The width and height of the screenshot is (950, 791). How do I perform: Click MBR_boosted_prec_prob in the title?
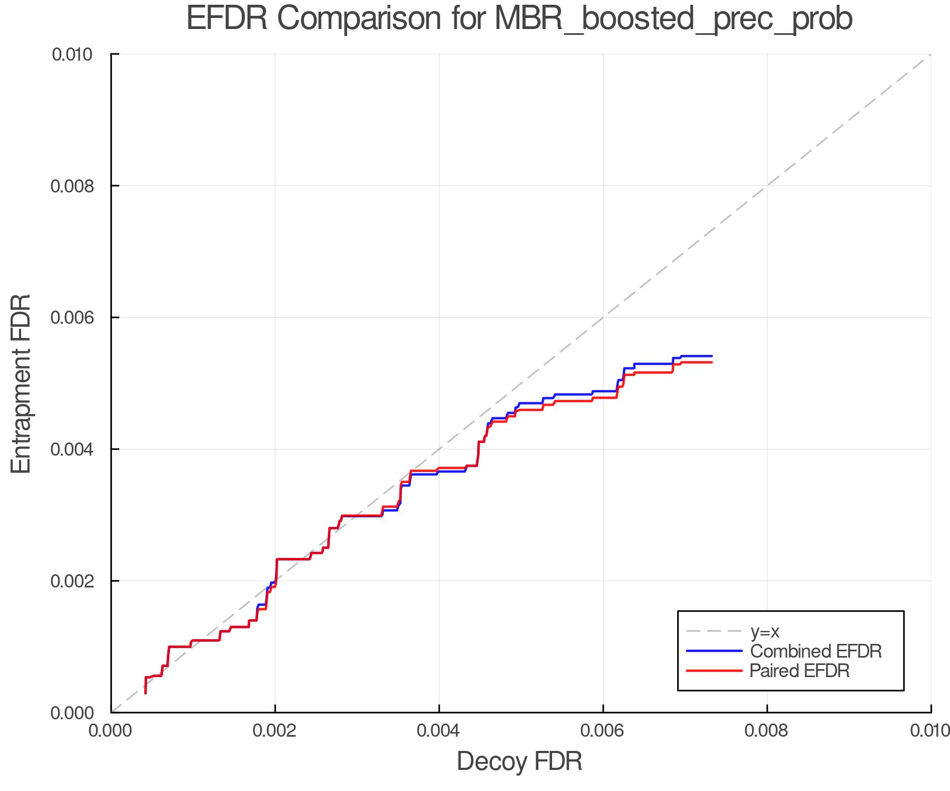pyautogui.click(x=673, y=20)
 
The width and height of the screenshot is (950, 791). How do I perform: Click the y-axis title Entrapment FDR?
pyautogui.click(x=21, y=383)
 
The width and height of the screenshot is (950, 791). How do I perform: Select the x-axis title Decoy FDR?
pyautogui.click(x=519, y=761)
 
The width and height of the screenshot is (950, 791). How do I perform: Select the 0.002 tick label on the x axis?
pyautogui.click(x=275, y=730)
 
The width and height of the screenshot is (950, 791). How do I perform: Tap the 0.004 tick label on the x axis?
pyautogui.click(x=439, y=730)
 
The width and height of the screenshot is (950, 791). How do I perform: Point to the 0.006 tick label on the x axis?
pyautogui.click(x=603, y=730)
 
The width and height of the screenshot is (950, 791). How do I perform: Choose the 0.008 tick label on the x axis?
pyautogui.click(x=767, y=730)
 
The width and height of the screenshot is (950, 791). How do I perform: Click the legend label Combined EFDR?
pyautogui.click(x=815, y=651)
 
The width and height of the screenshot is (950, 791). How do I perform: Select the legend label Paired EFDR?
pyautogui.click(x=800, y=671)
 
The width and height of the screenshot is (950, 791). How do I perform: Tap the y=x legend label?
pyautogui.click(x=765, y=631)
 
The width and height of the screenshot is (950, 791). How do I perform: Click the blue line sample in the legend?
pyautogui.click(x=714, y=651)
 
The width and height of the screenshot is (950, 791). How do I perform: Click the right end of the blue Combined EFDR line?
pyautogui.click(x=711, y=356)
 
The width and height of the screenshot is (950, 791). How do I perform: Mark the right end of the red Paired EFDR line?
pyautogui.click(x=711, y=362)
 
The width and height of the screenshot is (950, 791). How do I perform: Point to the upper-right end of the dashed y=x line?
pyautogui.click(x=930, y=55)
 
